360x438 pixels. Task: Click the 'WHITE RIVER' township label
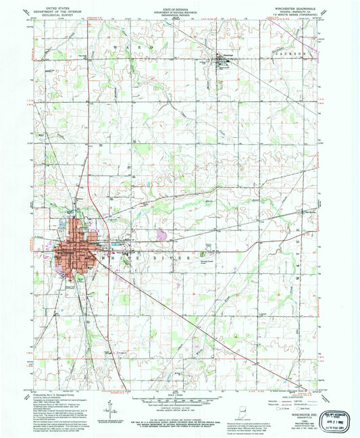(x=112, y=256)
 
